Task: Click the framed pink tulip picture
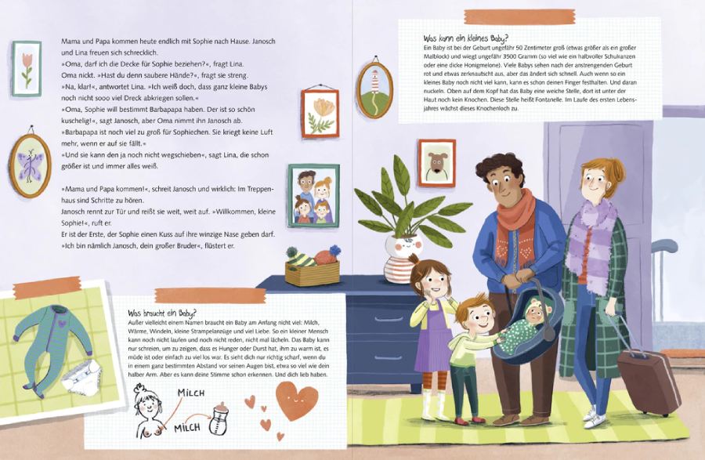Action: (27, 69)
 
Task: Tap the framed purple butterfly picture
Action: (30, 165)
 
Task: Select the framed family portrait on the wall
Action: (314, 196)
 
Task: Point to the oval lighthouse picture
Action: (375, 90)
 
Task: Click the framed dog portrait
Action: (436, 163)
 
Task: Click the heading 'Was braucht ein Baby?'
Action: (162, 313)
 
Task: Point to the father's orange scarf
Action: (516, 225)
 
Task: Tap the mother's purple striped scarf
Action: (591, 240)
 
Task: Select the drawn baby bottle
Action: (219, 418)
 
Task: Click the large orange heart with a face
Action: (296, 400)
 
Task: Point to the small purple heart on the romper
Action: (62, 323)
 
